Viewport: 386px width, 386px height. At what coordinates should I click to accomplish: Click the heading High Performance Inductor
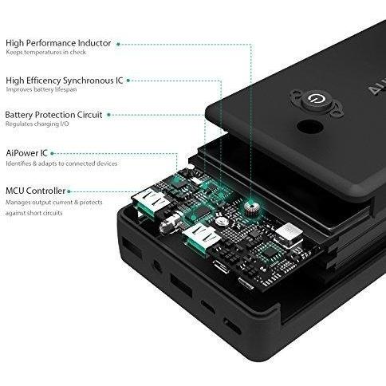[58, 43]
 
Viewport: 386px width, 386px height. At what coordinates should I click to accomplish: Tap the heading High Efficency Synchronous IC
[65, 81]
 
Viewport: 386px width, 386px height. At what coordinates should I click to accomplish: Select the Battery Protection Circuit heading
[53, 115]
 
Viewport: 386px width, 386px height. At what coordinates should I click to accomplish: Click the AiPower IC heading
[26, 153]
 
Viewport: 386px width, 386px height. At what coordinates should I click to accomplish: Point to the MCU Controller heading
[35, 191]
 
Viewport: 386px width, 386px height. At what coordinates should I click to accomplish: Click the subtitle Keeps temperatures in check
[46, 52]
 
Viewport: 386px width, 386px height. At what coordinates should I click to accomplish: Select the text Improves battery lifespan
[41, 89]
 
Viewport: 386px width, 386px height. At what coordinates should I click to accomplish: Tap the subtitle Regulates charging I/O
[37, 124]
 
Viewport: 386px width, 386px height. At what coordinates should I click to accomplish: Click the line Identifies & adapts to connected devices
[61, 163]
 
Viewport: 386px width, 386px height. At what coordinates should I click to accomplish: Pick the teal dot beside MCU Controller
[69, 191]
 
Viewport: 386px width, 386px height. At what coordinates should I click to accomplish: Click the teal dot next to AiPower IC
[52, 153]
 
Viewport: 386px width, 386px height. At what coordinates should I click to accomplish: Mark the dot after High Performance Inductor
[118, 44]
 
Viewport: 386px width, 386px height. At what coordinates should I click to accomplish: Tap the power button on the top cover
[317, 100]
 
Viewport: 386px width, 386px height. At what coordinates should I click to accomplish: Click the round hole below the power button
[309, 127]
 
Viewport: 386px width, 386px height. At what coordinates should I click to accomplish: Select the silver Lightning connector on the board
[289, 235]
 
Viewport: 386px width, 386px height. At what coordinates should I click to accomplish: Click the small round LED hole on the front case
[157, 266]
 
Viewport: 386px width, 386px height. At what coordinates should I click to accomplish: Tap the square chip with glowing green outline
[270, 252]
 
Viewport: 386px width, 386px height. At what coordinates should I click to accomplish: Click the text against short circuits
[33, 213]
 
